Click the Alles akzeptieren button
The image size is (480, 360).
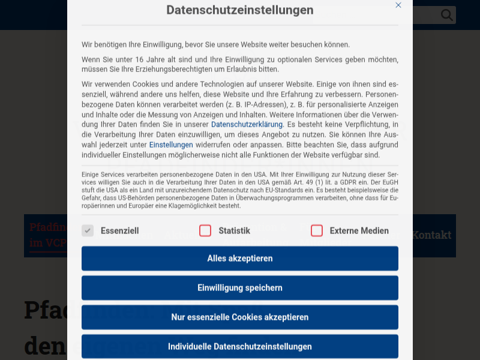coord(240,259)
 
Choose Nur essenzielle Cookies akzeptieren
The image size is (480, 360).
coord(240,317)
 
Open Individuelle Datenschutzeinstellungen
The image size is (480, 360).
coord(240,346)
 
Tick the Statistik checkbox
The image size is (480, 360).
coord(205,230)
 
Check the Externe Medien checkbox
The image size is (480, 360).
coord(317,230)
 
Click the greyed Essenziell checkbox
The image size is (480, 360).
coord(88,230)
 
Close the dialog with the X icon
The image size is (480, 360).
coord(398,5)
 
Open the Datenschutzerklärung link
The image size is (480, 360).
coord(247,124)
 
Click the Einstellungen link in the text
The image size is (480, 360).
coord(171,145)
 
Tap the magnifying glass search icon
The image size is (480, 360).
coord(447,15)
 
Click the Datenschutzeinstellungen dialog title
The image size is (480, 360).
coord(240,10)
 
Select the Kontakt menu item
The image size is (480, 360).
coord(431,235)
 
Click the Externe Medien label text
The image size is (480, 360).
coord(359,230)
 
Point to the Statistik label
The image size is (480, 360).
coord(234,230)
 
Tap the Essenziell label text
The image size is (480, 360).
coord(119,230)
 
